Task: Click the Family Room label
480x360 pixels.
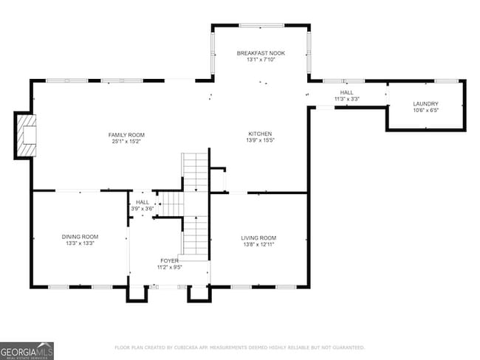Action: click(126, 135)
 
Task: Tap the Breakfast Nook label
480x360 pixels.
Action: click(261, 54)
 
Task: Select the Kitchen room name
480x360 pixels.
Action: click(259, 134)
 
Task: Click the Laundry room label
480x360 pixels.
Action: click(425, 104)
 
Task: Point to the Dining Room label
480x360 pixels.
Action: click(80, 237)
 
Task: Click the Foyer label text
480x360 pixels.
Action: click(169, 261)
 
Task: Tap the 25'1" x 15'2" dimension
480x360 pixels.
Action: click(126, 141)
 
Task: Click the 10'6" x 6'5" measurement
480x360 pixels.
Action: click(425, 111)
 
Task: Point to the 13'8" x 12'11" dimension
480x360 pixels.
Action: click(258, 243)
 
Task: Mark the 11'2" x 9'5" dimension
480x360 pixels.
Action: click(169, 267)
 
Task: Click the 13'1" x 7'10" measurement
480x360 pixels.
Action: click(261, 60)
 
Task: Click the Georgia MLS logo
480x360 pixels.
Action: click(27, 350)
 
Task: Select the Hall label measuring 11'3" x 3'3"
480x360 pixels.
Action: click(346, 92)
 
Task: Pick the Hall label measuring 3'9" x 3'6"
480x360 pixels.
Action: click(143, 202)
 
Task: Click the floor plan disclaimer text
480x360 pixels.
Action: click(239, 347)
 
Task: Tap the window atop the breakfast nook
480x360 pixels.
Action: click(260, 26)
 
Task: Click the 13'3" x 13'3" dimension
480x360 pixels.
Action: click(80, 243)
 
